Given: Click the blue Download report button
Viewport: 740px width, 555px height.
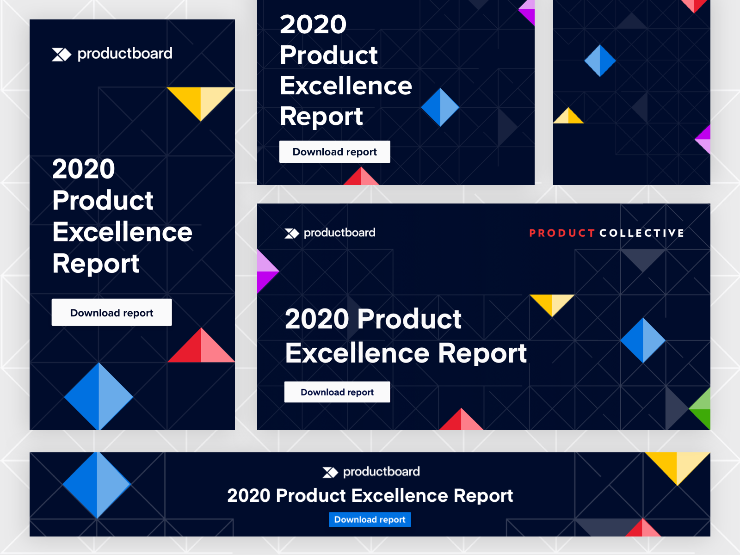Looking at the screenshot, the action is tap(370, 519).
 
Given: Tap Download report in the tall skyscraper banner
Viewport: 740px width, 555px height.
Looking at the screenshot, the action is tap(111, 312).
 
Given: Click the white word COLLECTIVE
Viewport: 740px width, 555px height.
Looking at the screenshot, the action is tap(642, 233).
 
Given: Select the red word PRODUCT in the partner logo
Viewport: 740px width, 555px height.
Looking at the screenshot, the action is tap(561, 233).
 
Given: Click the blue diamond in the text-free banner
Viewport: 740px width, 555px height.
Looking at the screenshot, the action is tap(600, 61).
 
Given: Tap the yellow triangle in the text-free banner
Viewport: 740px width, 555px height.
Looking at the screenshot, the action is tap(568, 116).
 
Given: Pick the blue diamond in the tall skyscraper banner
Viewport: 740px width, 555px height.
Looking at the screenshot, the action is tap(99, 396).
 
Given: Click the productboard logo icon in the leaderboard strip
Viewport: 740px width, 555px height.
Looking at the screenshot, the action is tap(330, 472).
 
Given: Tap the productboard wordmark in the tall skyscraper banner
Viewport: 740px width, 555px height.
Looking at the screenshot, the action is tap(125, 54).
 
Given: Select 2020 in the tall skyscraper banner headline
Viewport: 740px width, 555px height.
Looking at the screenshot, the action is tap(84, 168).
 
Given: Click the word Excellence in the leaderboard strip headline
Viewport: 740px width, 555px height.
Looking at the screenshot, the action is tap(400, 495).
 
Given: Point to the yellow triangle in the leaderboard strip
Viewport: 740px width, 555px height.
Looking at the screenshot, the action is tap(677, 467).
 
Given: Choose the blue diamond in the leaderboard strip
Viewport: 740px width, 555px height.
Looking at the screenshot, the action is tap(97, 485).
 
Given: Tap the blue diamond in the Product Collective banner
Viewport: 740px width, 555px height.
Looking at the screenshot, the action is tap(643, 340).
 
